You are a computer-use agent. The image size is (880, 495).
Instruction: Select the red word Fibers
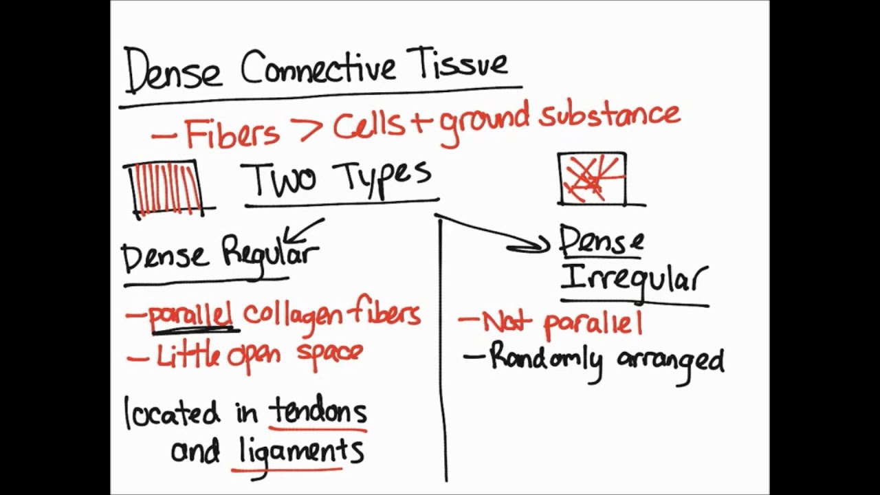click(x=232, y=132)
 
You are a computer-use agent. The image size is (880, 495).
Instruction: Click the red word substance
click(x=609, y=115)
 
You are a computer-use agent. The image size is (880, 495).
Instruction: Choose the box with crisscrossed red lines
click(x=593, y=179)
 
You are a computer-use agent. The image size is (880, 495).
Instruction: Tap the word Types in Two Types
click(x=384, y=177)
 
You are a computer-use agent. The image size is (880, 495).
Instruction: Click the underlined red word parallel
click(x=190, y=315)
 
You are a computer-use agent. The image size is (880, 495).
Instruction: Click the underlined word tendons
click(x=318, y=411)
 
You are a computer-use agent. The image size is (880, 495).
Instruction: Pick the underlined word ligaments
click(x=301, y=452)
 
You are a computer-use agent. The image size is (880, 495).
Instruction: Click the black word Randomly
click(x=546, y=358)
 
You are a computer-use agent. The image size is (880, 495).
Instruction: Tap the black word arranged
click(x=670, y=361)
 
